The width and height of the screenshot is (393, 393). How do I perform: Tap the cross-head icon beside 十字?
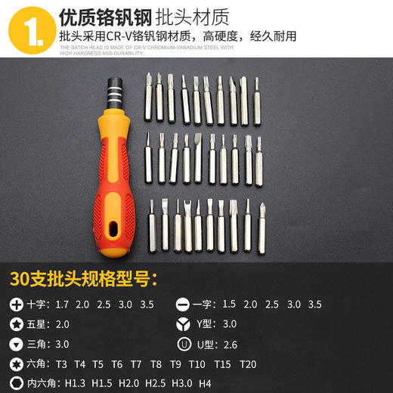point(17,305)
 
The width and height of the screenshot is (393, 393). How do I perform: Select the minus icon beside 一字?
point(182,305)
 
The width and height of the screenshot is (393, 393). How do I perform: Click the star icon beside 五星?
point(17,324)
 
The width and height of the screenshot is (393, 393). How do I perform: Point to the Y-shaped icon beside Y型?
point(182,324)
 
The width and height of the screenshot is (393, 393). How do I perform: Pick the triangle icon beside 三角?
point(17,344)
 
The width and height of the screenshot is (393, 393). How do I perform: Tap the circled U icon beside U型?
point(182,344)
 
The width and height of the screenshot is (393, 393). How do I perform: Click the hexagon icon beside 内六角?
point(17,383)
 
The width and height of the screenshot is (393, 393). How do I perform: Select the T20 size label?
point(248,364)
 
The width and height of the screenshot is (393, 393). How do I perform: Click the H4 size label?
point(204,383)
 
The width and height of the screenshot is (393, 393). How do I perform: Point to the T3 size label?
point(61,364)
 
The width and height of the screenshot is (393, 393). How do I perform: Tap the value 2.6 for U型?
point(230,344)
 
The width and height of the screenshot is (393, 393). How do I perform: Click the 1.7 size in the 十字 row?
point(61,305)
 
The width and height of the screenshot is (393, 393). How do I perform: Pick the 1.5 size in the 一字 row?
point(229,305)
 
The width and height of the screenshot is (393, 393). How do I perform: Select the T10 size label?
point(197,364)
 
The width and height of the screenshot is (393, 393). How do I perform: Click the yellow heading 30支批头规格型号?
point(83,277)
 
